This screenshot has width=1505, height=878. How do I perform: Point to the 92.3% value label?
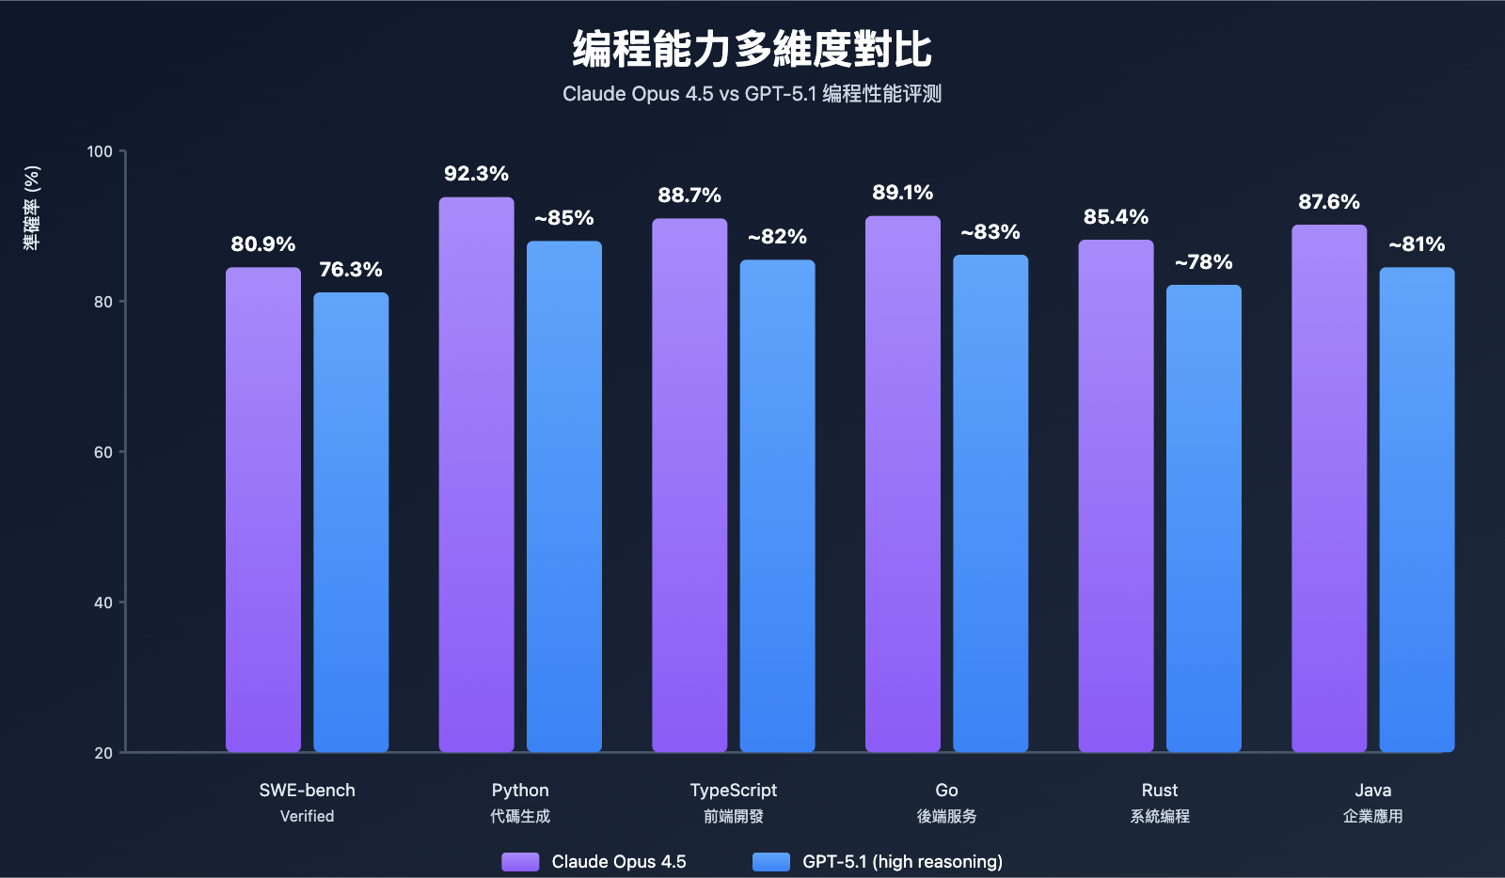476,174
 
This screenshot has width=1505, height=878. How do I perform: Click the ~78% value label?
1203,262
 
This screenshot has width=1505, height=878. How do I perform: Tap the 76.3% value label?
351,270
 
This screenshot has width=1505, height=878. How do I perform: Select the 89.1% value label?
902,193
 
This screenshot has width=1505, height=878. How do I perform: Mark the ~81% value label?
1417,244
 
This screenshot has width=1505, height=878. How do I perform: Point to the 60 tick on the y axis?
103,452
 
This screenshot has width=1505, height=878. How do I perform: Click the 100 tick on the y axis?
100,152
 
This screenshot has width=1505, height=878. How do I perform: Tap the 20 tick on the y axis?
103,753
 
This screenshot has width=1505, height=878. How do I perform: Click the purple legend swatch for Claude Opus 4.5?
520,862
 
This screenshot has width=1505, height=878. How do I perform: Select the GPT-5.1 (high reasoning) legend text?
902,862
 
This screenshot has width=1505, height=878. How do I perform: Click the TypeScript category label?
733,791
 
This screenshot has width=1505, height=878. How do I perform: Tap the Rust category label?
1159,791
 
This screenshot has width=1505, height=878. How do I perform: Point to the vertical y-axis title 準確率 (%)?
32,208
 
